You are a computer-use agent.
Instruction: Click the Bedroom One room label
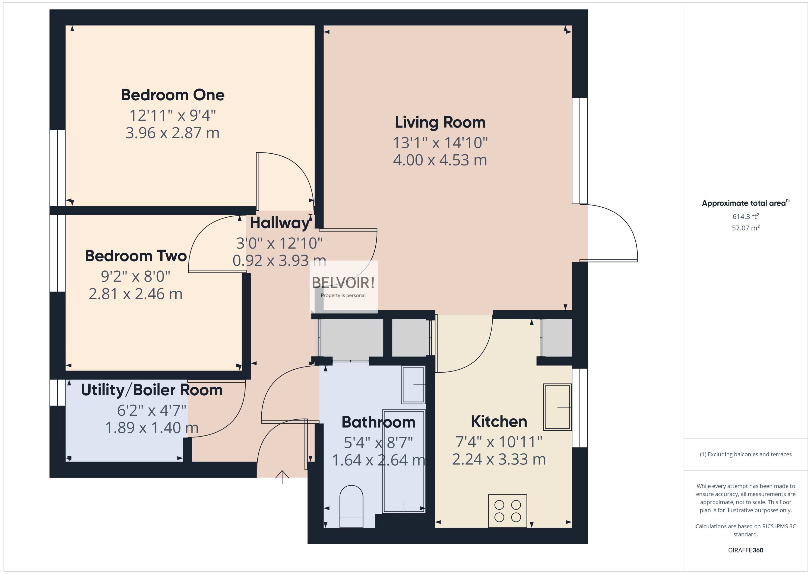(172, 95)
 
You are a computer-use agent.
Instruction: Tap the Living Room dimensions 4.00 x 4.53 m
(440, 160)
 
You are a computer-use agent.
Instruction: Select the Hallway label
(279, 223)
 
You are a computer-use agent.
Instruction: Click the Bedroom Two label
(136, 256)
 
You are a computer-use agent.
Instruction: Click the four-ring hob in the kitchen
(507, 511)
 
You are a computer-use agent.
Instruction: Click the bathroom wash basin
(413, 385)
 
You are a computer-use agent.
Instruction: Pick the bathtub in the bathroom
(404, 461)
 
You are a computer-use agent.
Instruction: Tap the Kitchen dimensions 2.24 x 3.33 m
(499, 459)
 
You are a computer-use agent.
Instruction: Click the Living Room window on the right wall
(580, 151)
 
